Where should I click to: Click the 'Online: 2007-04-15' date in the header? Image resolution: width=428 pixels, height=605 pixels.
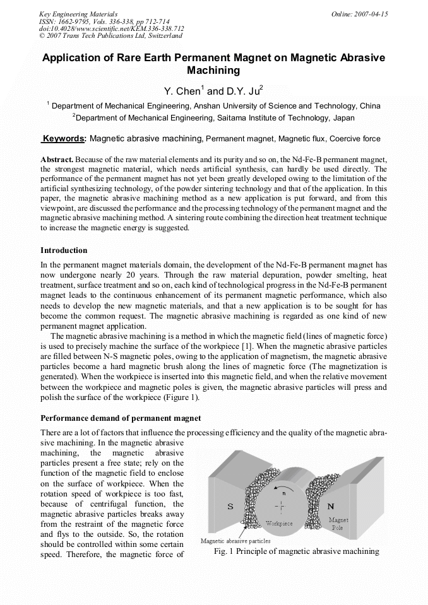[359, 14]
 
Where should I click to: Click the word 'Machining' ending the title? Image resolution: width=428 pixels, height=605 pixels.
[213, 71]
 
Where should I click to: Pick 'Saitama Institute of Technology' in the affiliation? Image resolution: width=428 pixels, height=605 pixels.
[268, 117]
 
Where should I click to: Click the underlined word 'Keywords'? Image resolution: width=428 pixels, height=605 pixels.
[64, 138]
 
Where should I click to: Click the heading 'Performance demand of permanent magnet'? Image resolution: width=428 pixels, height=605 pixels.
[121, 418]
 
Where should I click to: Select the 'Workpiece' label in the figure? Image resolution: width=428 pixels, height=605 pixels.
[279, 524]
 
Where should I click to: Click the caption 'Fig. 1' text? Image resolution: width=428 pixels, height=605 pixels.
[225, 551]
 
